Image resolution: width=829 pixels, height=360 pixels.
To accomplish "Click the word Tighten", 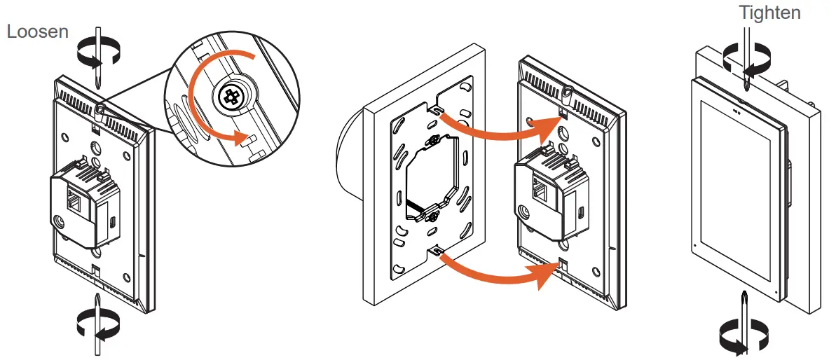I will point(769,13).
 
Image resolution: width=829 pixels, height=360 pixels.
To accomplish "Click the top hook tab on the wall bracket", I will point(437,110).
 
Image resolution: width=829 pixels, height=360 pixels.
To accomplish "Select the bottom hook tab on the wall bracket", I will point(437,249).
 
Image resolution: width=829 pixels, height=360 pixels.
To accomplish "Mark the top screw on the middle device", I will point(565,91).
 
